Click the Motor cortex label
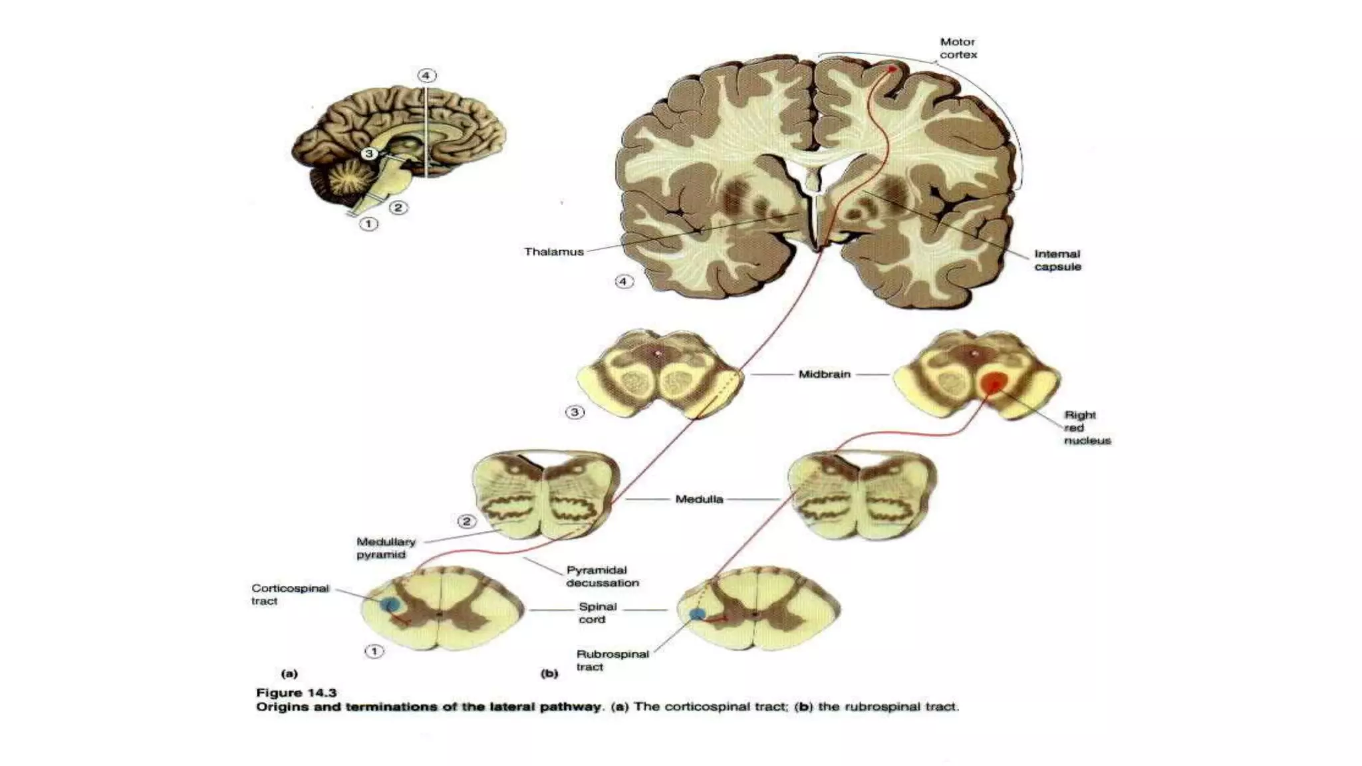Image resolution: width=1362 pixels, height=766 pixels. pos(958,49)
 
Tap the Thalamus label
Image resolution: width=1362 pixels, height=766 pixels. pos(554,252)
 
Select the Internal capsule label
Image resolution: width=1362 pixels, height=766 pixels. pos(1057,260)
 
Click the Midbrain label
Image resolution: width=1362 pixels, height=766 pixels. pos(825,374)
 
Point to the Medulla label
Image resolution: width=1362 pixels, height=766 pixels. pos(699,499)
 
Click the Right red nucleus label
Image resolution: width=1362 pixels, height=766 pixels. pos(1087,428)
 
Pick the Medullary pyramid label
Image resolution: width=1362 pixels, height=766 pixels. pos(385,548)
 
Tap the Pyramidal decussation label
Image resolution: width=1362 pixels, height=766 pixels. pos(602,576)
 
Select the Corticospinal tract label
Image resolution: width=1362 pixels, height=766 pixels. pos(290,594)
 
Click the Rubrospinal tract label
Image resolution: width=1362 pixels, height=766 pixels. pos(612,660)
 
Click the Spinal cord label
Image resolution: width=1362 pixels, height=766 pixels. pos(597,613)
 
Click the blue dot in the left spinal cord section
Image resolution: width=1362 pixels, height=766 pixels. pos(390,604)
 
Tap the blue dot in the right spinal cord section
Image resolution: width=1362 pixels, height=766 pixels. pos(697,614)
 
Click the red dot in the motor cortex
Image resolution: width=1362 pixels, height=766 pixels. pos(893,68)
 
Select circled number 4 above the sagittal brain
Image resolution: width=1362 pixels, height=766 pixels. pos(426,75)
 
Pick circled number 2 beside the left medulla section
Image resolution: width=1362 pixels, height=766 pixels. pos(467,521)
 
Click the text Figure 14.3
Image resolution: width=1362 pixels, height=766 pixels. pos(297,693)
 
